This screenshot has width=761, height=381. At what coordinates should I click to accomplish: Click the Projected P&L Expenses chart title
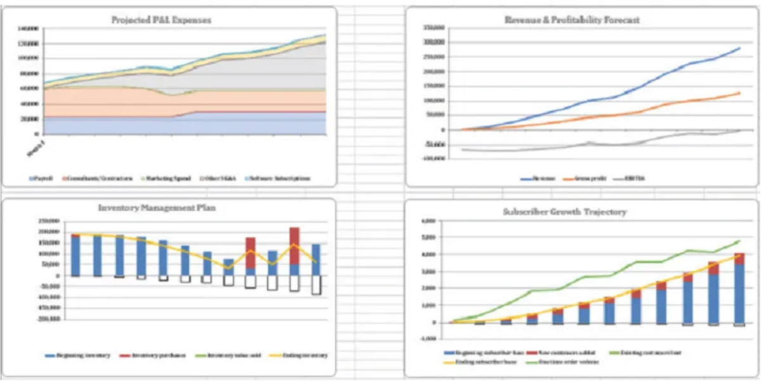[161, 20]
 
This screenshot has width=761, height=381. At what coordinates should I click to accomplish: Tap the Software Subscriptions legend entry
[279, 178]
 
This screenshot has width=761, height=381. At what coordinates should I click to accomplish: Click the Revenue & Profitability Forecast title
[571, 20]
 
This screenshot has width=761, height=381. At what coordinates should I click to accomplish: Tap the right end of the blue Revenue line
[739, 48]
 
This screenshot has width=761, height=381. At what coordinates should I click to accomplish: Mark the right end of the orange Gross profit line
[739, 93]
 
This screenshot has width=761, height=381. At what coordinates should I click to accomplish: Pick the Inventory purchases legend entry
[159, 355]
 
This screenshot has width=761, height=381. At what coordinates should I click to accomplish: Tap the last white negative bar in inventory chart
[316, 285]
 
